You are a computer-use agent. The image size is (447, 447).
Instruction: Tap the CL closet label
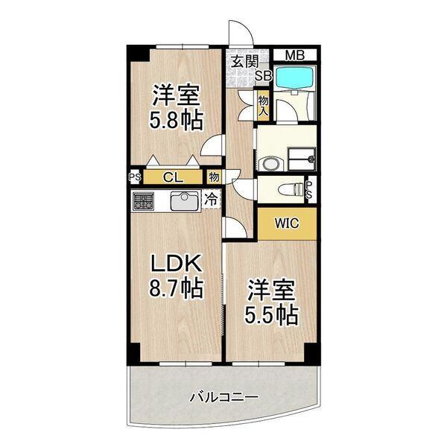172,177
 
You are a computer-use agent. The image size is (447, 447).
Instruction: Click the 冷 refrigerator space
212,200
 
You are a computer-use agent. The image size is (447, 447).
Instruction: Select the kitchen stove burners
143,200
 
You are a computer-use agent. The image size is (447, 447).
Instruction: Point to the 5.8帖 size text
177,119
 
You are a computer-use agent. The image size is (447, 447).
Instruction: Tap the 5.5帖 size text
272,313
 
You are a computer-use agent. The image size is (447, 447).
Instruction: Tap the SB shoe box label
264,75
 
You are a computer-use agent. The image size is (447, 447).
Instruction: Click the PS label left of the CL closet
135,177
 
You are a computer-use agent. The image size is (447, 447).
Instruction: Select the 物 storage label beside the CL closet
214,177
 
